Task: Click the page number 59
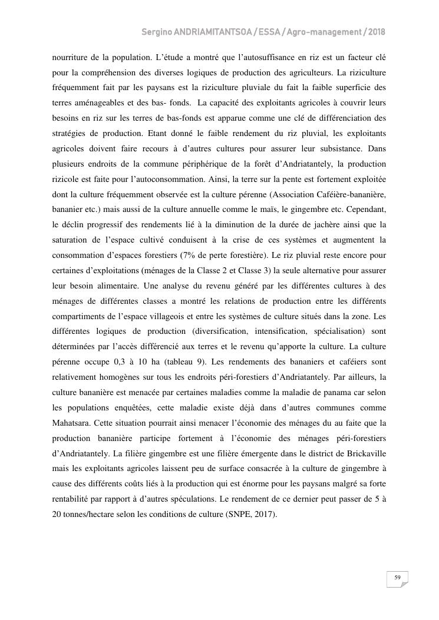[397, 578]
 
